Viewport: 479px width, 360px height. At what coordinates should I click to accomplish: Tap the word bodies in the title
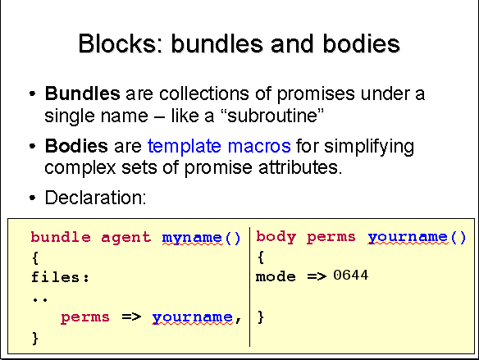tap(362, 43)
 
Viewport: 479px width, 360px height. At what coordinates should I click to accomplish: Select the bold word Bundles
tap(83, 93)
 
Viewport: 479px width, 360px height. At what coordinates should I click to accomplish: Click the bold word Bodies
tap(76, 146)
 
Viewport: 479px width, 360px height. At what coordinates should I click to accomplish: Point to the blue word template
tap(185, 147)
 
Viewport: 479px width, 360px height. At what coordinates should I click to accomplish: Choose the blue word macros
tap(259, 146)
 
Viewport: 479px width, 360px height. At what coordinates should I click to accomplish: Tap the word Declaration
tap(95, 198)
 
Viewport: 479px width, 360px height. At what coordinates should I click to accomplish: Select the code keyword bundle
tap(61, 237)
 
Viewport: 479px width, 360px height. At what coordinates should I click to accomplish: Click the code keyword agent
tap(125, 238)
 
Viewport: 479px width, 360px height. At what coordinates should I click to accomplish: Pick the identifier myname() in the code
tap(201, 238)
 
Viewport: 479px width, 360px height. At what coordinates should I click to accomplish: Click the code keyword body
tap(276, 237)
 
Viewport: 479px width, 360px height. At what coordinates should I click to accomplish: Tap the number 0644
tap(351, 275)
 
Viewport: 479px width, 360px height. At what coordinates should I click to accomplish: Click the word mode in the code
tap(276, 276)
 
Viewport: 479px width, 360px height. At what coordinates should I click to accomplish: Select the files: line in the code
tap(60, 277)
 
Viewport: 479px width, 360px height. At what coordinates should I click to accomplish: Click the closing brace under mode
tap(261, 317)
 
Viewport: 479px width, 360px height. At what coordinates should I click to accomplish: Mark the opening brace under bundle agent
tap(35, 257)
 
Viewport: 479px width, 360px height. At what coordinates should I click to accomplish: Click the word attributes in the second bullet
tap(300, 167)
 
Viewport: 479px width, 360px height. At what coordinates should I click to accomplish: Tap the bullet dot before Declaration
tap(32, 198)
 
